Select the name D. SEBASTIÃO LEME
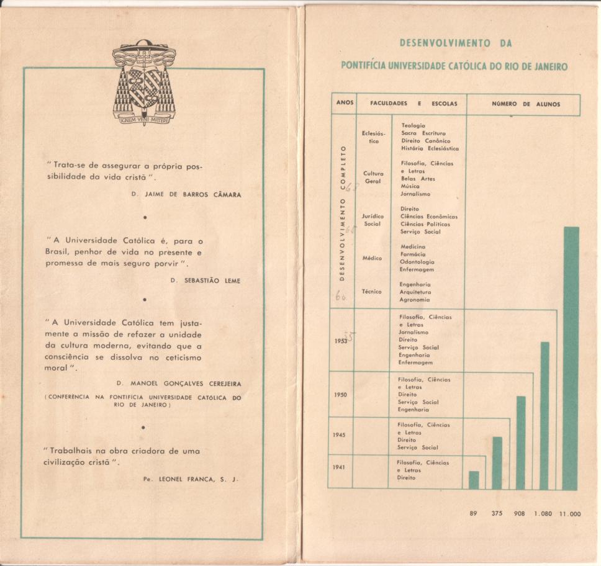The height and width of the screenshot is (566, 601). pos(205,281)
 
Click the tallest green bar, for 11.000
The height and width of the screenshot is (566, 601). pos(571,358)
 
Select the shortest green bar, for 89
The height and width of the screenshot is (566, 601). pos(474,480)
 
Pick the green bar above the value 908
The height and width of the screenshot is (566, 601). pos(521,442)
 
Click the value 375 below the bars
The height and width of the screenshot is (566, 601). pos(497,513)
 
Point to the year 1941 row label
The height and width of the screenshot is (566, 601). pos(339,467)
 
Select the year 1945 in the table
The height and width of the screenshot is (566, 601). pos(339,434)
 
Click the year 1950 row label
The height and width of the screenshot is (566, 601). pos(340,394)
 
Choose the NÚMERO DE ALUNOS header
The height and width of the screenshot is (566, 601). pos(525,104)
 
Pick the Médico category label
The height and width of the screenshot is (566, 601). pos(372,258)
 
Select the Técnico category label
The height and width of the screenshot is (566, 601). pos(372,291)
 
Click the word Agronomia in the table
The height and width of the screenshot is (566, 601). pos(415,300)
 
